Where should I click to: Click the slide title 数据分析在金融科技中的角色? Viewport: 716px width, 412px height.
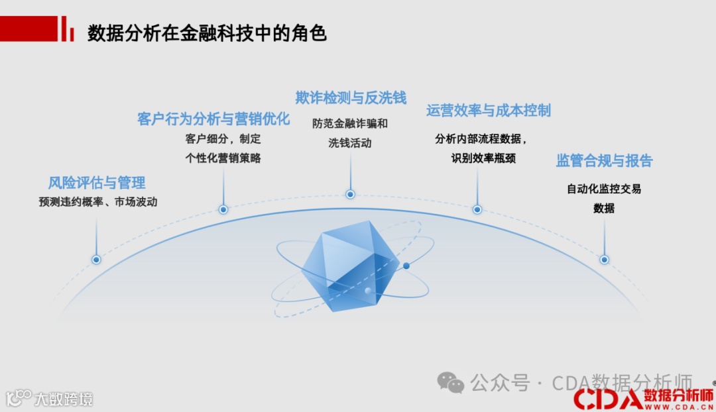(x=207, y=34)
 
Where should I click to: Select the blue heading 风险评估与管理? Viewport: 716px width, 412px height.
(x=97, y=183)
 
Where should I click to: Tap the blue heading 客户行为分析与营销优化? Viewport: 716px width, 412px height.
(x=213, y=119)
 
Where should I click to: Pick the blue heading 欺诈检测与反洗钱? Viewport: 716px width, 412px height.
(x=351, y=98)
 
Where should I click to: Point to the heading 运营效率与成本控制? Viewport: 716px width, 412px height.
(x=489, y=111)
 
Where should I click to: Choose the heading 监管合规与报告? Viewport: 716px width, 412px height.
(x=604, y=161)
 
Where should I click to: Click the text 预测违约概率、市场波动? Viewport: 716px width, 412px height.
(x=98, y=202)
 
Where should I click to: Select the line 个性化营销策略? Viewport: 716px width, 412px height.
(x=223, y=158)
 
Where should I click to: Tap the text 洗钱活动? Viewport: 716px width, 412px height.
(x=350, y=142)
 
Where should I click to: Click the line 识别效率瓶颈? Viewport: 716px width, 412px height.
(x=483, y=158)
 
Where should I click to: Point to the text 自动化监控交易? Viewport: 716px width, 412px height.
(x=604, y=189)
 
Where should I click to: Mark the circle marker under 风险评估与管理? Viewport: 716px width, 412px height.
(x=97, y=260)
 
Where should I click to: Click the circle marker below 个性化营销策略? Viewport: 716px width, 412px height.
(x=223, y=209)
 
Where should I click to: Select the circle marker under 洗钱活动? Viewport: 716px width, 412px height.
(x=350, y=194)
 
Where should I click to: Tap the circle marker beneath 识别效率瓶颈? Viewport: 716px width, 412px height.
(x=477, y=209)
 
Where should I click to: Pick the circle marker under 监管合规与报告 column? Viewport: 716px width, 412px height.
(x=604, y=260)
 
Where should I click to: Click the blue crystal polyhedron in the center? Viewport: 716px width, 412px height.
(x=350, y=268)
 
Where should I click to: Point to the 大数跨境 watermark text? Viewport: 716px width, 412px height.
(x=64, y=399)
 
